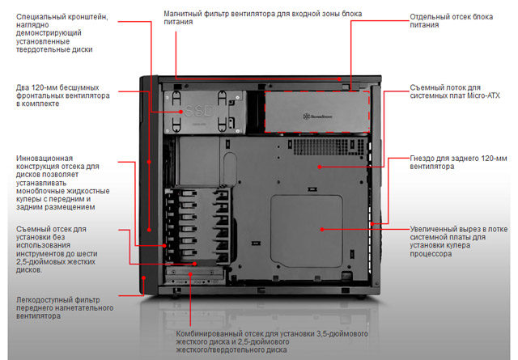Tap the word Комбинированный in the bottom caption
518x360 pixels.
click(x=210, y=332)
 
